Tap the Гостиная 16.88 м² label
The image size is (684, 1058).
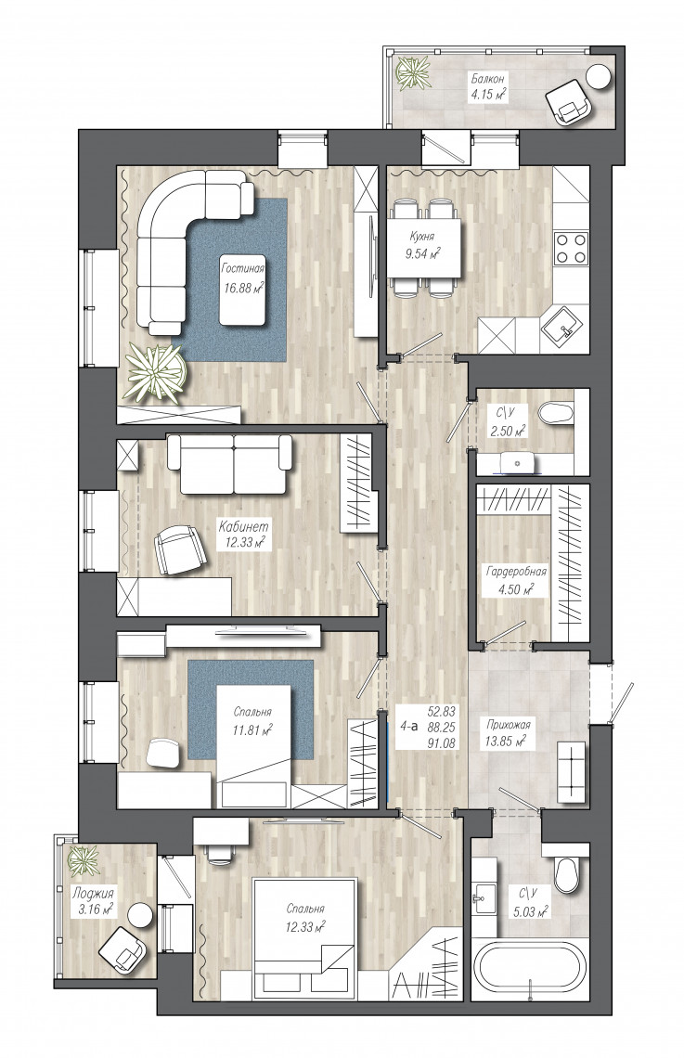[x=243, y=278]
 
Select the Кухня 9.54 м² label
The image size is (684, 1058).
[x=424, y=246]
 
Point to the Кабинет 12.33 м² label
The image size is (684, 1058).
[x=243, y=533]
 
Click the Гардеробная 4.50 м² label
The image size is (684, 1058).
[x=516, y=580]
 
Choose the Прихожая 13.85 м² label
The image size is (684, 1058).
[x=509, y=733]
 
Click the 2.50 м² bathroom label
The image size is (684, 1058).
[x=508, y=421]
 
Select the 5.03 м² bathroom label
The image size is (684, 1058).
[x=529, y=903]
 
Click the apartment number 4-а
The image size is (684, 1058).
[x=408, y=727]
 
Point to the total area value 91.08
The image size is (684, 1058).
[x=441, y=742]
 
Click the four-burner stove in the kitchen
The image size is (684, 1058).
[x=571, y=248]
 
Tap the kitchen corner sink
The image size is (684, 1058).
[x=563, y=329]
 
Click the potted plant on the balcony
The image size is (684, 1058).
[x=413, y=71]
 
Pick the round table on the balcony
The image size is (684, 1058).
[x=599, y=75]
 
